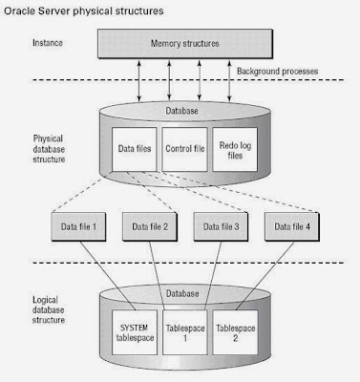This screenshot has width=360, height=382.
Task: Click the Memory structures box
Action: pos(184,44)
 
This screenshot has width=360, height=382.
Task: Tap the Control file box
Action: pos(184,150)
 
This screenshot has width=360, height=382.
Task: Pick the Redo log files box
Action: pos(233,150)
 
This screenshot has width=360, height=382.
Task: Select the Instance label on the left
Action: pos(48,43)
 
